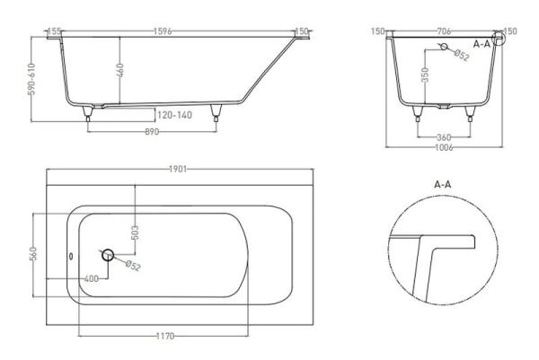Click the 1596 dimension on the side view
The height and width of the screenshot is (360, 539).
[x=163, y=31]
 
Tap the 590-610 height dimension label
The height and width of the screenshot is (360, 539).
[x=31, y=79]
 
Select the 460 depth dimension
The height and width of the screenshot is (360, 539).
[x=119, y=70]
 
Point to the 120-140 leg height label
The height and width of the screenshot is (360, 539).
[x=174, y=115]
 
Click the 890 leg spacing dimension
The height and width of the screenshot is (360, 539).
[x=152, y=132]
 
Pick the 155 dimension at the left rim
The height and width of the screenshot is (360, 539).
[x=54, y=31]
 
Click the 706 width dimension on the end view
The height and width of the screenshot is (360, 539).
[x=444, y=31]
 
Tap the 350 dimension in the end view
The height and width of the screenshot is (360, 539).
[x=425, y=75]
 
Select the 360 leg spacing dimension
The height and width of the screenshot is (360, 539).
[x=444, y=137]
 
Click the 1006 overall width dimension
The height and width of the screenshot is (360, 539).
[x=444, y=148]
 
